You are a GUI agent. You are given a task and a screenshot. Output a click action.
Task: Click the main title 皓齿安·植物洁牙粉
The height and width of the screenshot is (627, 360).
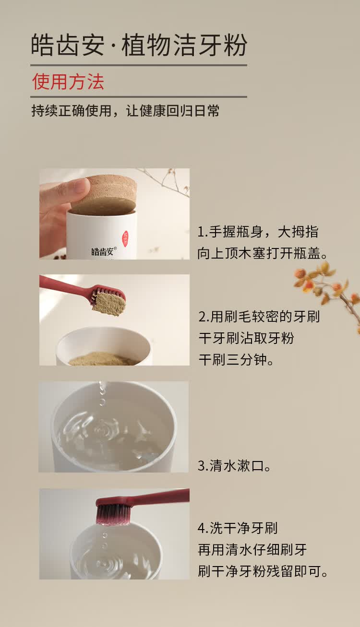pos(139,45)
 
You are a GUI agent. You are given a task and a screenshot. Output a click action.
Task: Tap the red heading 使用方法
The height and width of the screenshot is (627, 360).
pos(68,82)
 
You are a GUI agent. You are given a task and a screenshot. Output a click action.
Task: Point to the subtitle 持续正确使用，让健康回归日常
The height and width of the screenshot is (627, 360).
pos(125,111)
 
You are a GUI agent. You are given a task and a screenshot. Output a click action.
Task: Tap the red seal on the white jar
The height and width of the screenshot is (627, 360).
pos(125,239)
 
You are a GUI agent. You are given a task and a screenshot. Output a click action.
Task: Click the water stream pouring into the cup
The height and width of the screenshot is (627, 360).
pos(102,393)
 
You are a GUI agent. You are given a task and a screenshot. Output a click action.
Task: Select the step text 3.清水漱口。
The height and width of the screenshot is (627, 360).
pos(234,466)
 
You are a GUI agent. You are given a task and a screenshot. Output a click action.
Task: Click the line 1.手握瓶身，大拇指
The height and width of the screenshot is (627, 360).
pos(258,232)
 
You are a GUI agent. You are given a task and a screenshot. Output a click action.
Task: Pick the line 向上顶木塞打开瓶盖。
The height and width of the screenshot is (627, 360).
pos(263,253)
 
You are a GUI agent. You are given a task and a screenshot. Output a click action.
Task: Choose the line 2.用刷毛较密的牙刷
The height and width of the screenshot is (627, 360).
pos(259,317)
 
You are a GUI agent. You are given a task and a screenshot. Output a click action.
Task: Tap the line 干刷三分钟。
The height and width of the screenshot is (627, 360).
pos(236,360)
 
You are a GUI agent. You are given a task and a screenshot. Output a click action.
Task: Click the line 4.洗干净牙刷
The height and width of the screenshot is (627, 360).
pos(238,528)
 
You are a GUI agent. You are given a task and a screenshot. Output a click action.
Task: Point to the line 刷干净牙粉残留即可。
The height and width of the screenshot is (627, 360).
pos(263,571)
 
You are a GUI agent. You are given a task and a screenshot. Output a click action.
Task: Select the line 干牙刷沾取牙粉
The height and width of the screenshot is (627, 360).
pos(246,338)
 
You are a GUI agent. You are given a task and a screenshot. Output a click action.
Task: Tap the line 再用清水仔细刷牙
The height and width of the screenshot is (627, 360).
pos(252,550)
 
